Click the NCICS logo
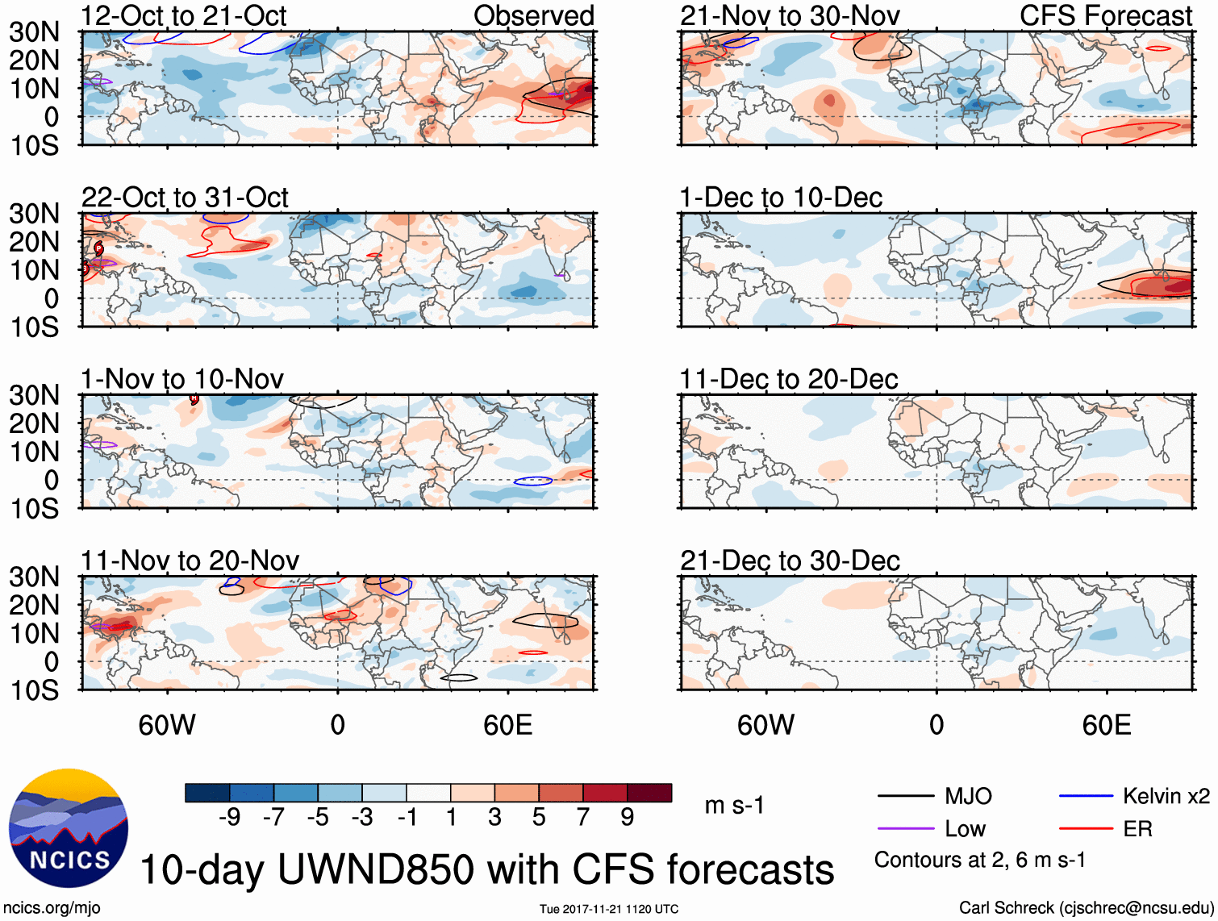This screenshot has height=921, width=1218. (x=68, y=827)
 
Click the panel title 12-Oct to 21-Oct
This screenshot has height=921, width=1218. (x=184, y=16)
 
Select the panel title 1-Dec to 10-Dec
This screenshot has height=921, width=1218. (x=781, y=198)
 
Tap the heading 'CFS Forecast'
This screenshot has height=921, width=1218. (x=1106, y=16)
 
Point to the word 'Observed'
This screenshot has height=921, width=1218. (x=533, y=16)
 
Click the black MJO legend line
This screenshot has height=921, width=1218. (x=906, y=797)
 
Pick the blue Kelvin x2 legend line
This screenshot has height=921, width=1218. (x=1086, y=797)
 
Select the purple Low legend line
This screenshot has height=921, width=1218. (x=906, y=829)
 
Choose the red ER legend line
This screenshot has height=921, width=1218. (x=1086, y=829)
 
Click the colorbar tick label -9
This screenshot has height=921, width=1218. (x=229, y=818)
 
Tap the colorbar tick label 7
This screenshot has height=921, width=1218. (x=583, y=818)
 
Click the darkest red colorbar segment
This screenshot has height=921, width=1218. (x=649, y=793)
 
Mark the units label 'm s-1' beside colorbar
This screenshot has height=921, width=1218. (x=734, y=806)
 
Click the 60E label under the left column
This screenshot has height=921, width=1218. (x=507, y=726)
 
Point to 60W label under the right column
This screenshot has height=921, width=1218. (x=765, y=726)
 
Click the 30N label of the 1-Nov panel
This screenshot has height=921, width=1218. (x=34, y=396)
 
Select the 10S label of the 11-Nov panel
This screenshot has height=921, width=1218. (x=34, y=690)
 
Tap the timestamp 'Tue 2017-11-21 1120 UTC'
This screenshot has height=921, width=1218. (x=609, y=910)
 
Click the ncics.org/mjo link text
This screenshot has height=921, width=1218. (x=52, y=908)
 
